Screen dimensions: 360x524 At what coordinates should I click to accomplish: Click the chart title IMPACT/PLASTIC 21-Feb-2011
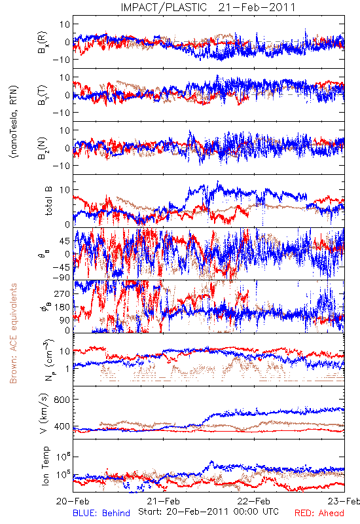click(x=208, y=7)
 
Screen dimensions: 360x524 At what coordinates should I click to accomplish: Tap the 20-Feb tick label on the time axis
click(x=73, y=501)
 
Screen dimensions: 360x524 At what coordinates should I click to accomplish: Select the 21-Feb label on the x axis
click(x=163, y=501)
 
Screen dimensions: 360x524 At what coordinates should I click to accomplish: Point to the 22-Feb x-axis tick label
click(x=254, y=501)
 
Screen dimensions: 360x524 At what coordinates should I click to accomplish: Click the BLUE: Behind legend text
click(x=101, y=513)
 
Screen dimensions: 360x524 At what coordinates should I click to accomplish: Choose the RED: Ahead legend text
click(x=319, y=513)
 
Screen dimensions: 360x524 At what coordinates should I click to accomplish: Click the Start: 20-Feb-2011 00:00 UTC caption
click(x=208, y=512)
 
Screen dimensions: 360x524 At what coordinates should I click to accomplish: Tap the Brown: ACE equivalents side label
click(x=13, y=333)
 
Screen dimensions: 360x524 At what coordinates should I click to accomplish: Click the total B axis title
click(x=48, y=201)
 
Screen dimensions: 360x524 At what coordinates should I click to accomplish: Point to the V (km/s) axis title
click(x=44, y=413)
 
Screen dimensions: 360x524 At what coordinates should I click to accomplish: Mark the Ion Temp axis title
click(x=45, y=466)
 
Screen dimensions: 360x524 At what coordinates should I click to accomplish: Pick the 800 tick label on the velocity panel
click(x=62, y=400)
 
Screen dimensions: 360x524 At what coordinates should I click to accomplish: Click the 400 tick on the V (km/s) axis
click(x=62, y=426)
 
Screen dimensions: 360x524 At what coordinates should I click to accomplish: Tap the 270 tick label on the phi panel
click(x=62, y=293)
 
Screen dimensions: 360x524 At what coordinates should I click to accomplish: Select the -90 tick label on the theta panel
click(x=61, y=277)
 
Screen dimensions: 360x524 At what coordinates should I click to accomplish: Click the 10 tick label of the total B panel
click(x=65, y=190)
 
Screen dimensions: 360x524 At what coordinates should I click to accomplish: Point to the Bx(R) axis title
click(x=43, y=43)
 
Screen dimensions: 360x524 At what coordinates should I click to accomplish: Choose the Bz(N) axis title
click(x=43, y=148)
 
